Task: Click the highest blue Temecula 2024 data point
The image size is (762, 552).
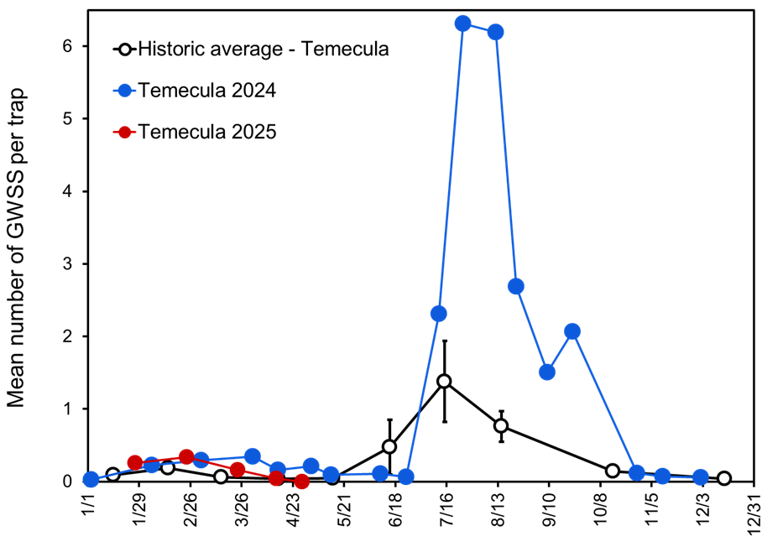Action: coord(462,23)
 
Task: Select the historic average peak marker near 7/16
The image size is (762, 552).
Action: coord(444,381)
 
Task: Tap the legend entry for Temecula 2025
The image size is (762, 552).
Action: coord(207,132)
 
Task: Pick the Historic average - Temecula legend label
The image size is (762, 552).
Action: coord(264,49)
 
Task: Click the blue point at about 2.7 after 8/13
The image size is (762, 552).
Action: coord(516,286)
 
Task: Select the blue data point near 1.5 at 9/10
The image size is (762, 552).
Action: coord(547,372)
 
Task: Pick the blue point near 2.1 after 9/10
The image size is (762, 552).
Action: coord(572,331)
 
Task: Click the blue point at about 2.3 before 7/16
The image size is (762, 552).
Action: coord(438,314)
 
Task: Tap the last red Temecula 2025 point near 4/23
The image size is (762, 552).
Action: coord(301,482)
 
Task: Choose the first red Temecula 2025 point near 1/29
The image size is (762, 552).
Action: coord(135,462)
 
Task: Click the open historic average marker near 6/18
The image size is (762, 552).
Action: coord(389,446)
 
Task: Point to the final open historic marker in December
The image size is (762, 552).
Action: coord(724,478)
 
